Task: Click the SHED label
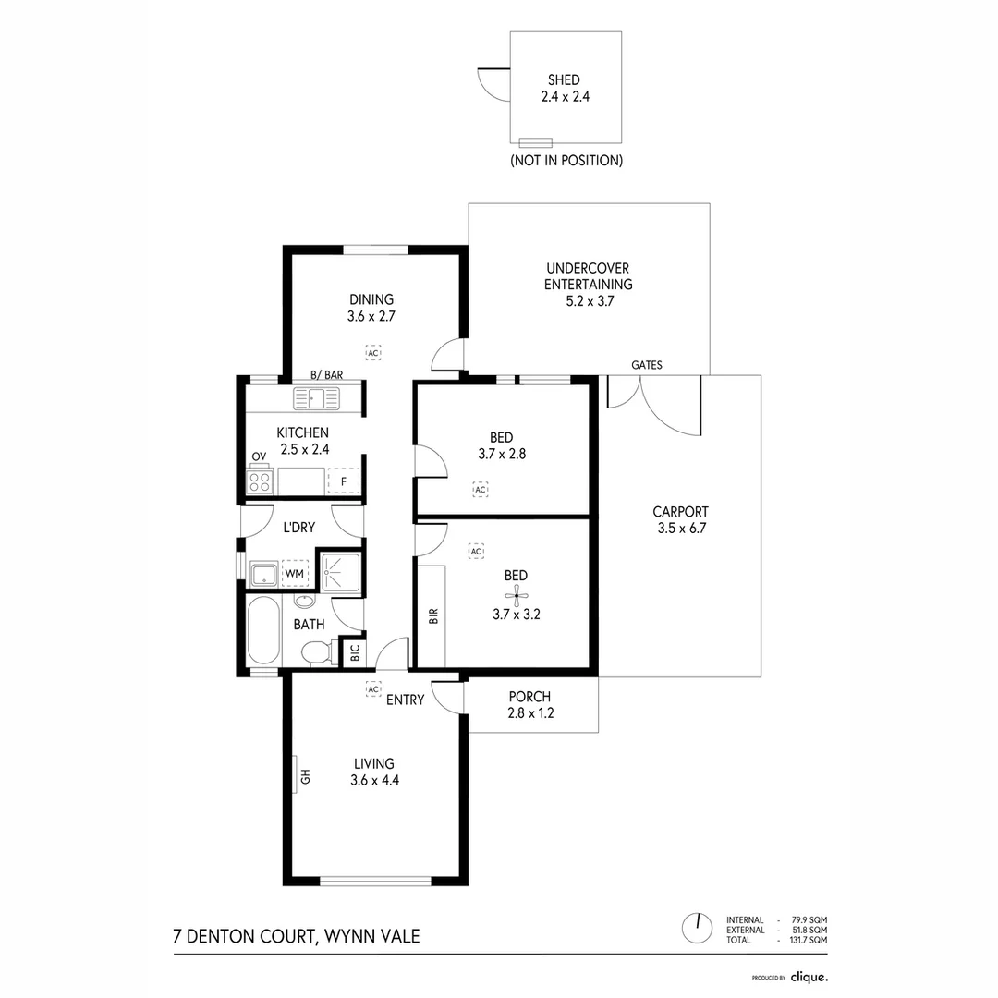point(564,80)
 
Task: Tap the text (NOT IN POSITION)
point(566,160)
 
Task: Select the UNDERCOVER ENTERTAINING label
point(588,276)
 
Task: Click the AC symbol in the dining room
point(372,353)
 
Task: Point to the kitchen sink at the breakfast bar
point(316,398)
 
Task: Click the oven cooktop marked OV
point(260,481)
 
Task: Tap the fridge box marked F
point(343,481)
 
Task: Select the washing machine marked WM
point(295,574)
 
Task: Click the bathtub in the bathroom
point(263,630)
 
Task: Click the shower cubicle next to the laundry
point(339,570)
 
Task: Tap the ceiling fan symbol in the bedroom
point(516,597)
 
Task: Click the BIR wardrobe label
point(432,617)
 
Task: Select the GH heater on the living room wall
point(302,774)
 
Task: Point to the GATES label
point(647,365)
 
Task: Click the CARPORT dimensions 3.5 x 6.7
point(680,529)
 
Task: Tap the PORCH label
point(529,696)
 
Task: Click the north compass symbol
point(696,925)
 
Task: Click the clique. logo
point(809,976)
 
